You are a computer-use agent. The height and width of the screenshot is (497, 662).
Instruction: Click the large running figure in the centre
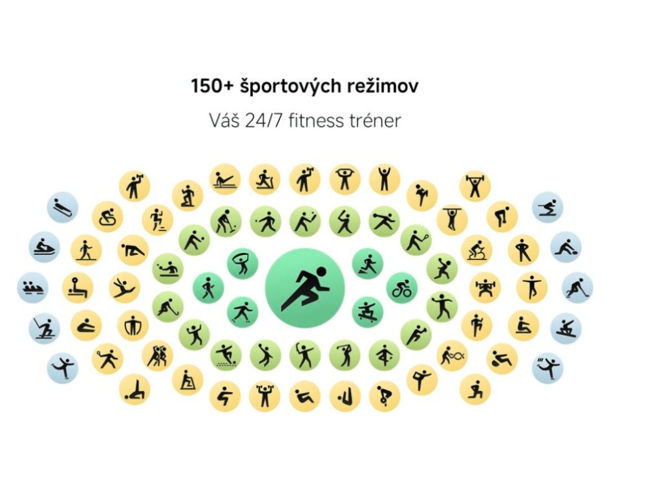(304, 287)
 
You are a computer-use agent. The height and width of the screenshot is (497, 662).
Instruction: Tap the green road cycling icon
(401, 288)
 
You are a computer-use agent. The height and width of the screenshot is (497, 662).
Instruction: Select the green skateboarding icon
(367, 311)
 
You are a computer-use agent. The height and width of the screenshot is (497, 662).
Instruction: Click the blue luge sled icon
(63, 207)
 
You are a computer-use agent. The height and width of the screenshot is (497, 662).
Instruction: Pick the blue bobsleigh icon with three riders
(32, 288)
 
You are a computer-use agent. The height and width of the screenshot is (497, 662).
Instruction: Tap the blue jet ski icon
(45, 247)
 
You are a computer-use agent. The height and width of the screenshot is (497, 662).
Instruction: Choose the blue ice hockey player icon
(577, 287)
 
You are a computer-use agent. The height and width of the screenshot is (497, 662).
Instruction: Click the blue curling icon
(566, 247)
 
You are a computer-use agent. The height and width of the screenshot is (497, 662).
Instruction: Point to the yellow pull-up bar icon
(451, 219)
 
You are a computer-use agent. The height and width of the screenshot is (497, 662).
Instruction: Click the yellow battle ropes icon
(452, 355)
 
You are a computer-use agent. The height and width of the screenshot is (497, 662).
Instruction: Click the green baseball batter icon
(345, 221)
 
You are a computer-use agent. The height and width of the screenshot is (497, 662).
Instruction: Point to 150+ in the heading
(206, 86)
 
